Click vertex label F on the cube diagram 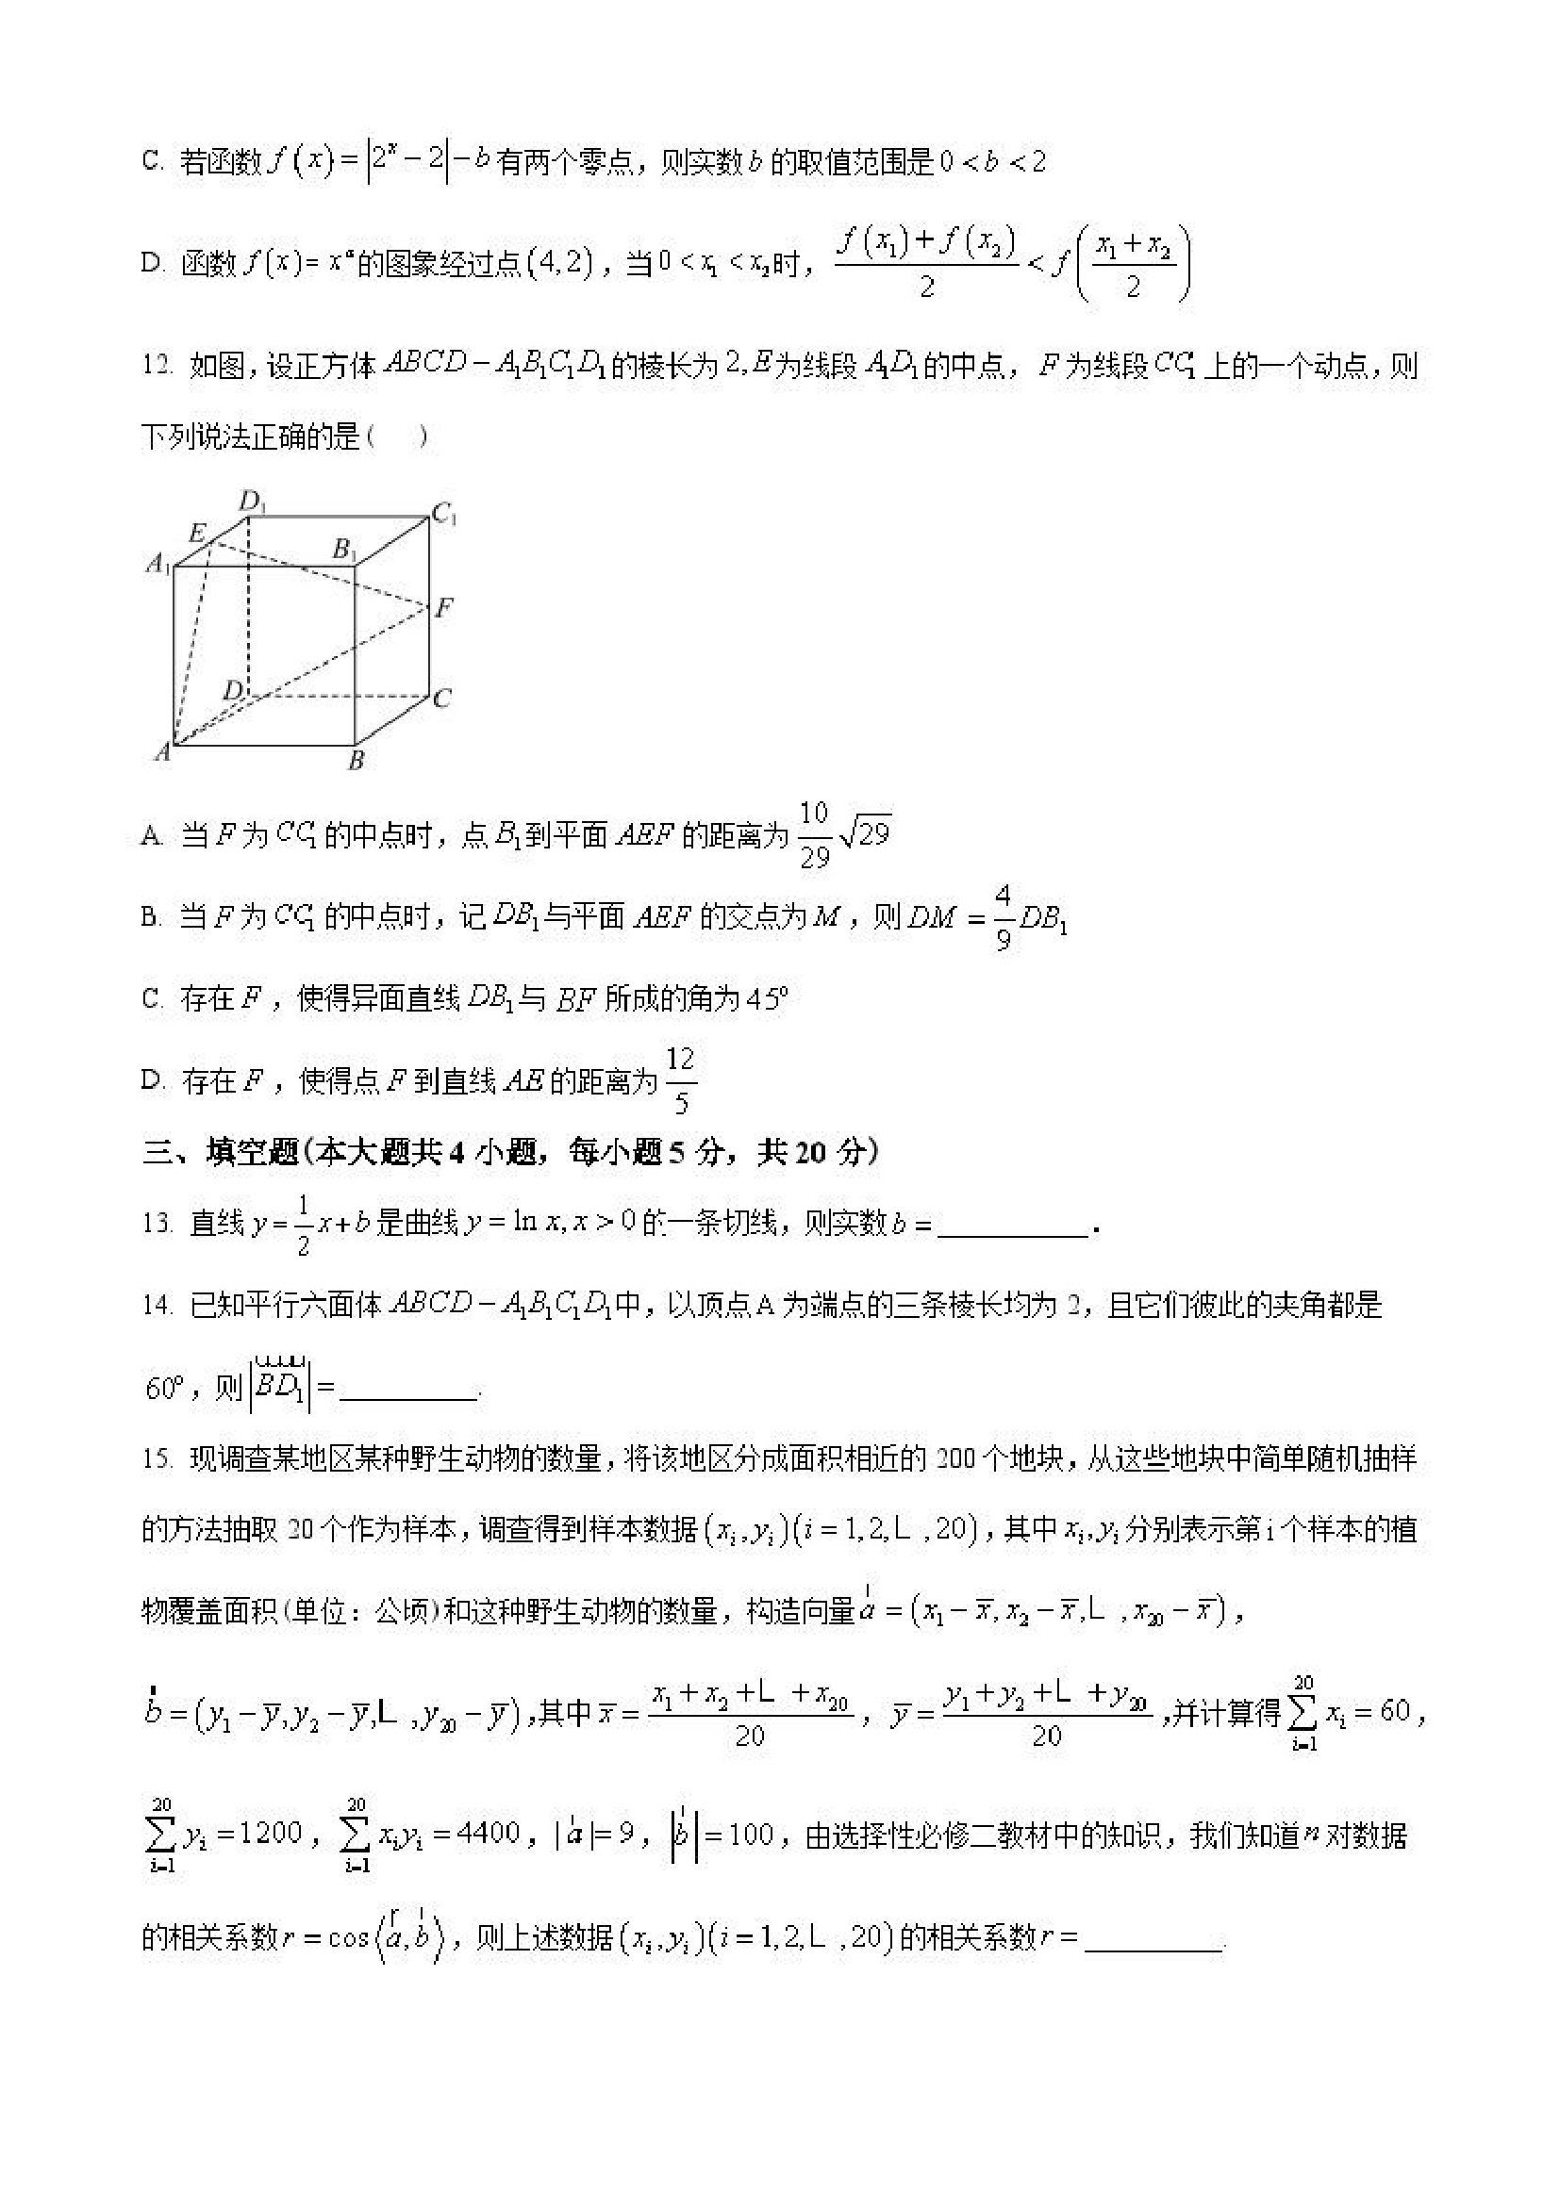pyautogui.click(x=443, y=607)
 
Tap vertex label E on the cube pyautogui.click(x=197, y=532)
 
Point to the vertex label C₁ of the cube pyautogui.click(x=444, y=515)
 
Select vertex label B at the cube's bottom pyautogui.click(x=357, y=760)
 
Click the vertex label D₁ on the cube pyautogui.click(x=252, y=501)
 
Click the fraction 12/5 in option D pyautogui.click(x=680, y=1081)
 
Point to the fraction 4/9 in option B pyautogui.click(x=1003, y=917)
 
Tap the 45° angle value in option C pyautogui.click(x=766, y=999)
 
